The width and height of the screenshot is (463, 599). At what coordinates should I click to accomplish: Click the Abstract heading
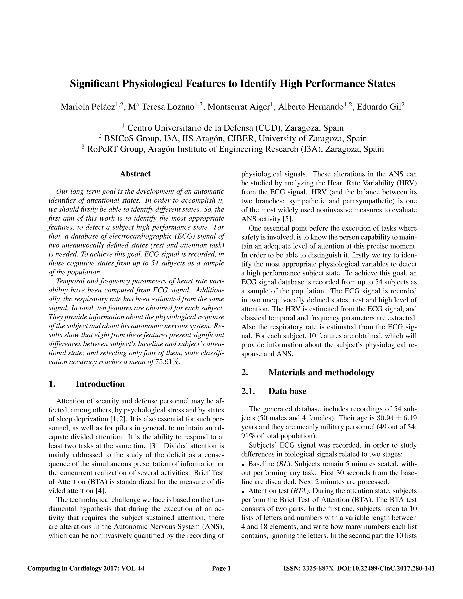tap(135, 174)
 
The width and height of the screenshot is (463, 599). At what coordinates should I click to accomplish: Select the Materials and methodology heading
tap(321, 372)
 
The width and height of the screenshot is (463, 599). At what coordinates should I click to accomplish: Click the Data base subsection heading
tap(287, 391)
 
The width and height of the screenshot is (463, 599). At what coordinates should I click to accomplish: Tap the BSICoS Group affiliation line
tap(233, 139)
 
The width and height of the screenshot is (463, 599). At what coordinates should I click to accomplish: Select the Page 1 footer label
tap(221, 568)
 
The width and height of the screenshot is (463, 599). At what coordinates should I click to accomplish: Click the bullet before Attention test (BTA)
tap(243, 491)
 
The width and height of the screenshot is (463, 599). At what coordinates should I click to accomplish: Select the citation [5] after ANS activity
tap(287, 219)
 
